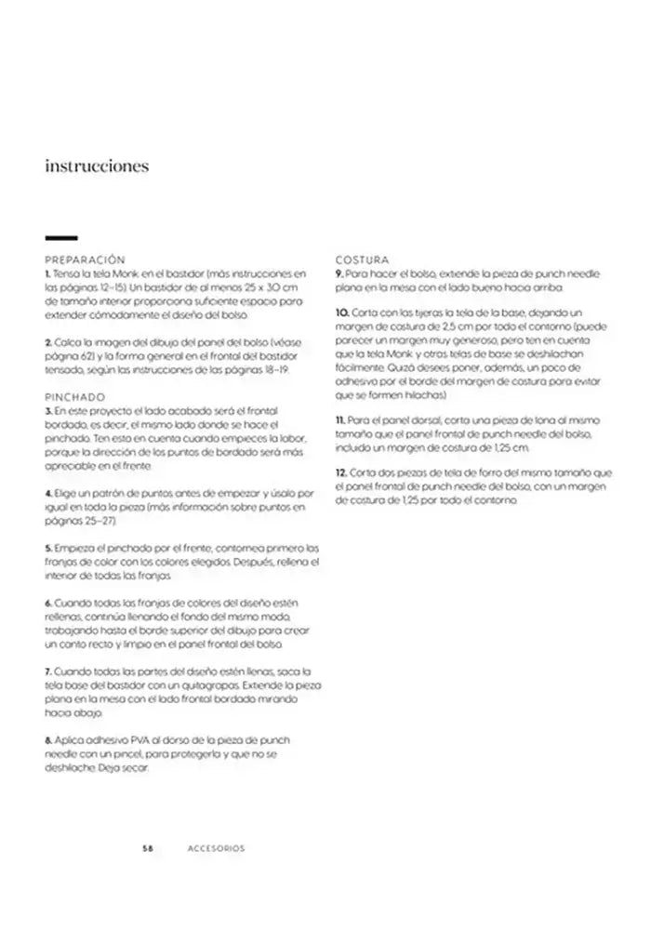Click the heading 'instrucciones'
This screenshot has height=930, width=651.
(x=97, y=167)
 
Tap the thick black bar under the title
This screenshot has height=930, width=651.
(x=60, y=238)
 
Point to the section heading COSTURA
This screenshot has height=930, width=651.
(x=362, y=260)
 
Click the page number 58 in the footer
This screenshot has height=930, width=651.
(x=147, y=848)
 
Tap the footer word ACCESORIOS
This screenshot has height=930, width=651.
(x=216, y=848)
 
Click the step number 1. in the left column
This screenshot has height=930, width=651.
(x=46, y=275)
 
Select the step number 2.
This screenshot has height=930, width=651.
(x=47, y=343)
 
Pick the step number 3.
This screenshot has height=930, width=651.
(x=47, y=410)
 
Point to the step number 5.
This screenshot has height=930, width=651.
(x=47, y=547)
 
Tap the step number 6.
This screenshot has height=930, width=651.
(x=47, y=603)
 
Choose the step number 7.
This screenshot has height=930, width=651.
(x=47, y=671)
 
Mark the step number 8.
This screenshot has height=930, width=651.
(x=47, y=739)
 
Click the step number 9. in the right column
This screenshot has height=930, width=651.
(x=339, y=275)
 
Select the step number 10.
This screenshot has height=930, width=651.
(x=341, y=312)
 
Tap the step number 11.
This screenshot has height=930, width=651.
(x=340, y=421)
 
